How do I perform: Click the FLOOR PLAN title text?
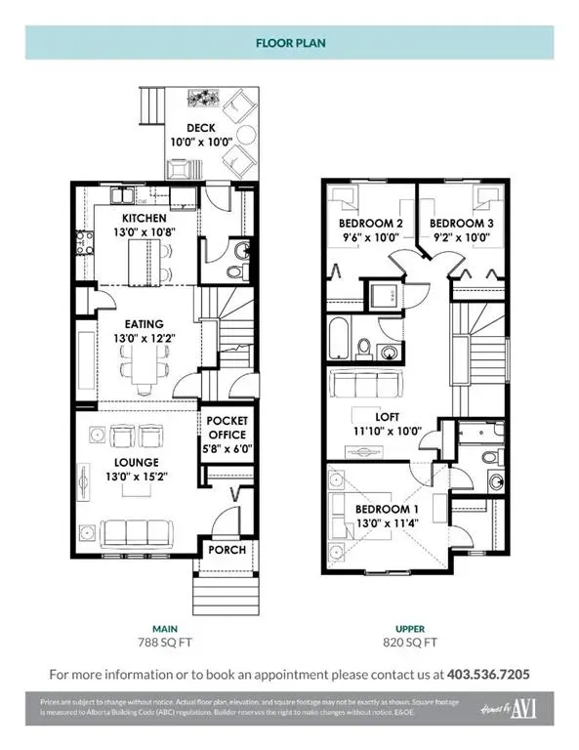coord(289,43)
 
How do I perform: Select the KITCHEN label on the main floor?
coord(145,217)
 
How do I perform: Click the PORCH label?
coord(225,550)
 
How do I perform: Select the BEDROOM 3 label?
coord(462,223)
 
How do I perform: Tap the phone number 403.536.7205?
coord(488,675)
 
